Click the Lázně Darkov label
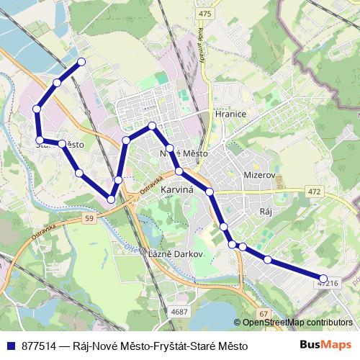point(172,254)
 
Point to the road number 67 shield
point(264,313)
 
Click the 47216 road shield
point(327,284)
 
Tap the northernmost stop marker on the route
point(81,62)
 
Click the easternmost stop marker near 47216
point(323,278)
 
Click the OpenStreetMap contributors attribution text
point(297,323)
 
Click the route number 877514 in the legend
point(40,346)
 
